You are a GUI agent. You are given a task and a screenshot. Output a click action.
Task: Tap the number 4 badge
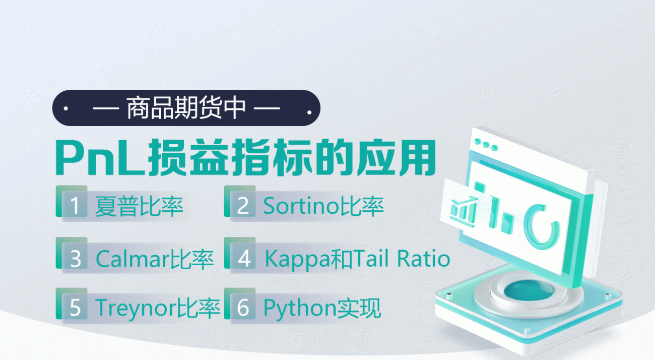pos(243,258)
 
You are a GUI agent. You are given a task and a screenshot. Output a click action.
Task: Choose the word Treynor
pos(136,308)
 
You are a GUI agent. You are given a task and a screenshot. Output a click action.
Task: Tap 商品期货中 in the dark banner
pos(186,108)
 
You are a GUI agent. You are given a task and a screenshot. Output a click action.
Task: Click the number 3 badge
pos(75,258)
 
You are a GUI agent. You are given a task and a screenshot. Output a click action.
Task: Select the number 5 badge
pos(75,308)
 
